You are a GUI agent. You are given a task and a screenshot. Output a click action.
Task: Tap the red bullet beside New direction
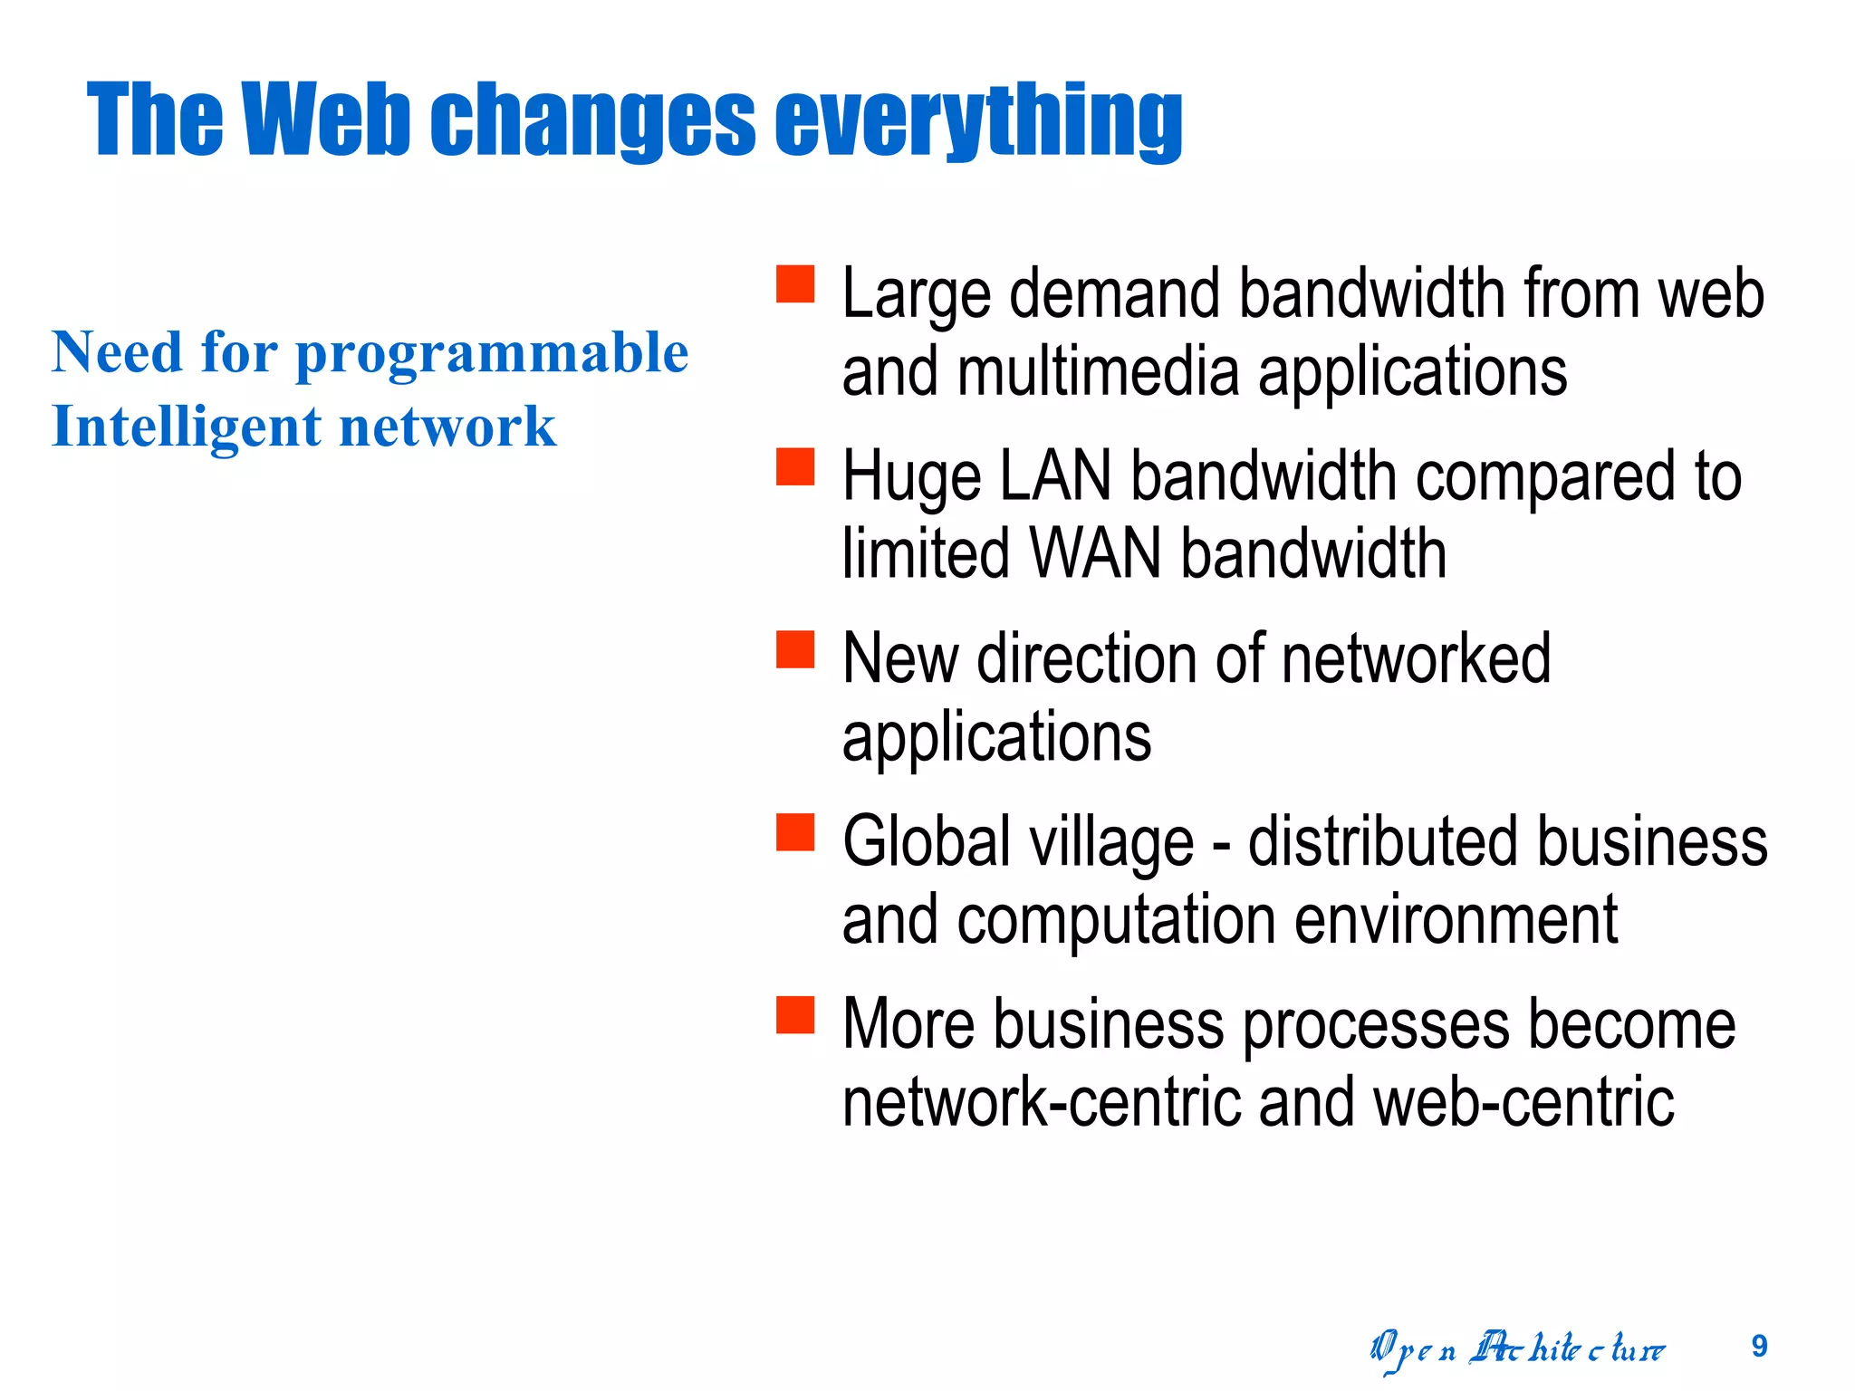[x=795, y=649]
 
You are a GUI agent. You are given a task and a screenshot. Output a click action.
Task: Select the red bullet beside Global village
[x=795, y=832]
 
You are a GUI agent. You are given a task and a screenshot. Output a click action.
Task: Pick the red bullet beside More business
[x=795, y=1015]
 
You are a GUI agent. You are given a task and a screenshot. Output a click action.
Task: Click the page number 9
[x=1759, y=1347]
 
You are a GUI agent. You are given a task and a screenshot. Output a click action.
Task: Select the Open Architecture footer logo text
[x=1517, y=1350]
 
